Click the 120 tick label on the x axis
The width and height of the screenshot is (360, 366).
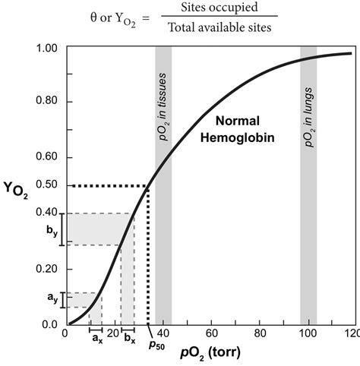pos(350,335)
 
